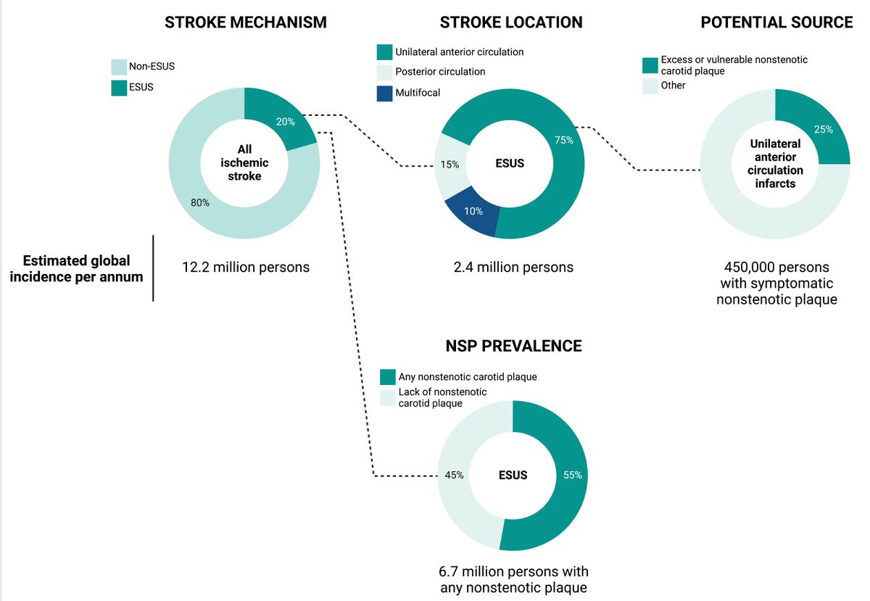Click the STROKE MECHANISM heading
tap(246, 22)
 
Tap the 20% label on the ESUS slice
tap(286, 122)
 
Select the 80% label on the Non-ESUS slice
tap(200, 202)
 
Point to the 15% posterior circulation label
tap(449, 165)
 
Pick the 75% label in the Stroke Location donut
tap(564, 140)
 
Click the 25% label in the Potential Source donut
tap(824, 129)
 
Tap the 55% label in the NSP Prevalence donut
tap(573, 475)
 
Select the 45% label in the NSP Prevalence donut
tap(454, 475)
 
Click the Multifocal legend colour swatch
tap(384, 94)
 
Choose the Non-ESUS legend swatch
tap(119, 67)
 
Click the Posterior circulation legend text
tap(440, 72)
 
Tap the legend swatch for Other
tap(650, 86)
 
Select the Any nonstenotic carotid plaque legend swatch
tap(388, 377)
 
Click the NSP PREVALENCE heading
tap(513, 346)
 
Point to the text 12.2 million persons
tap(246, 268)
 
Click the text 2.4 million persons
tap(513, 268)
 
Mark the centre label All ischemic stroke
tap(244, 163)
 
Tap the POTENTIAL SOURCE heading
tap(776, 22)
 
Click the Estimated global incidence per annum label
tap(77, 268)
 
